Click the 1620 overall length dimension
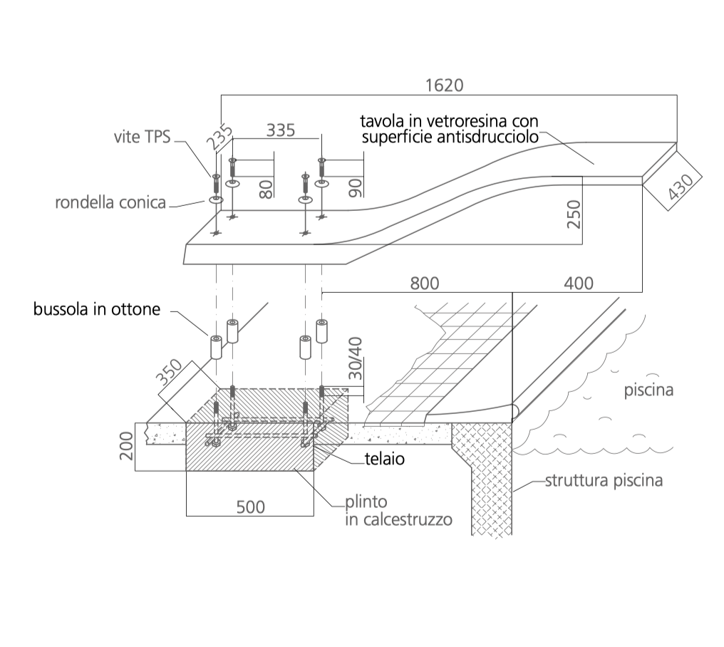tap(444, 86)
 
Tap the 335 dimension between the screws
tap(281, 130)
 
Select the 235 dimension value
tap(219, 138)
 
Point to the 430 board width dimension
tap(681, 186)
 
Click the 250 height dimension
tap(574, 214)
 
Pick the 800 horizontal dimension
tap(424, 284)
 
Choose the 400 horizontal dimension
tap(579, 284)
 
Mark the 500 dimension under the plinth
tap(251, 507)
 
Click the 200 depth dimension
tap(126, 445)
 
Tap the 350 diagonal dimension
tap(169, 373)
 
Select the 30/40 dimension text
tap(355, 358)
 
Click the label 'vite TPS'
tap(143, 137)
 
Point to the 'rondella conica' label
tap(110, 203)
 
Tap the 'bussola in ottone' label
tap(97, 309)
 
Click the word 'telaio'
tap(385, 459)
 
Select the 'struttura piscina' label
tap(604, 481)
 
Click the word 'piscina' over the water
tap(648, 390)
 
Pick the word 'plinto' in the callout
tap(366, 502)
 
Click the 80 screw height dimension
tap(266, 190)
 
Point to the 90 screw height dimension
tap(355, 188)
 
